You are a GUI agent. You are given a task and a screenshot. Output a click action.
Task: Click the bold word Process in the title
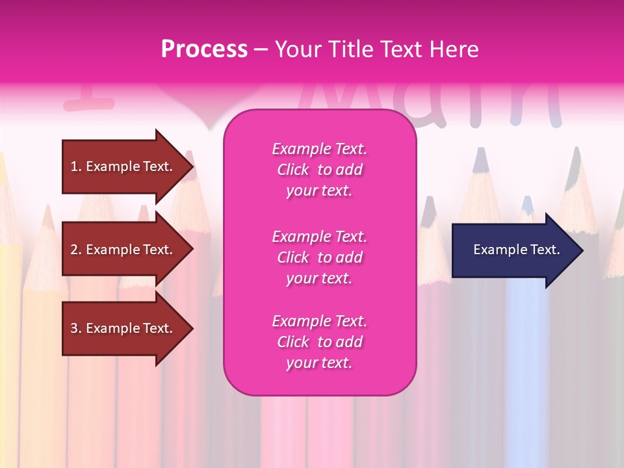[204, 49]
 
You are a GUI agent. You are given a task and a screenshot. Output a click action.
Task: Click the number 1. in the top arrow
[75, 166]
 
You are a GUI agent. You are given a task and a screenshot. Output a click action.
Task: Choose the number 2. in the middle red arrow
[75, 250]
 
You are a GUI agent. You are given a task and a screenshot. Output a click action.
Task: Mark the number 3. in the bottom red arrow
[75, 328]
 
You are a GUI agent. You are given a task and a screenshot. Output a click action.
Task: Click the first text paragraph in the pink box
[319, 170]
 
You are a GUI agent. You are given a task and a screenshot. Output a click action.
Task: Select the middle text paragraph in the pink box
[319, 257]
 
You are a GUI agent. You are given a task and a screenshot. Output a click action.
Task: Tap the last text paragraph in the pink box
[319, 342]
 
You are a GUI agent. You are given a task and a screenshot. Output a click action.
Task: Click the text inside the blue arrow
[517, 250]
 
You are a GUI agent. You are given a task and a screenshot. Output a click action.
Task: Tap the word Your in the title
[300, 49]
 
